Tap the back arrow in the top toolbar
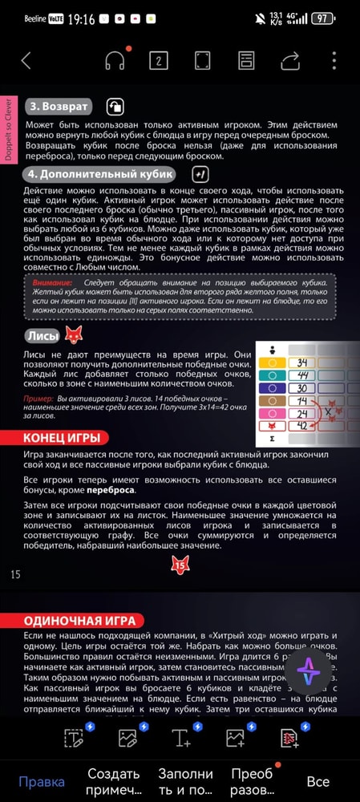(26, 60)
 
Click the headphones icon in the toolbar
(115, 60)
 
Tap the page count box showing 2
(159, 60)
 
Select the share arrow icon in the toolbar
(289, 60)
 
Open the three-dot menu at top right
(334, 60)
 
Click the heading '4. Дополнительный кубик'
(101, 173)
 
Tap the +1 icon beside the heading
(201, 173)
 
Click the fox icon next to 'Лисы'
(74, 335)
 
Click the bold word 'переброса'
(110, 489)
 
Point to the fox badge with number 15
(180, 565)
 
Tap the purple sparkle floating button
(309, 672)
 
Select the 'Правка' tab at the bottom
(42, 781)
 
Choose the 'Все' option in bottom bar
(318, 781)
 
